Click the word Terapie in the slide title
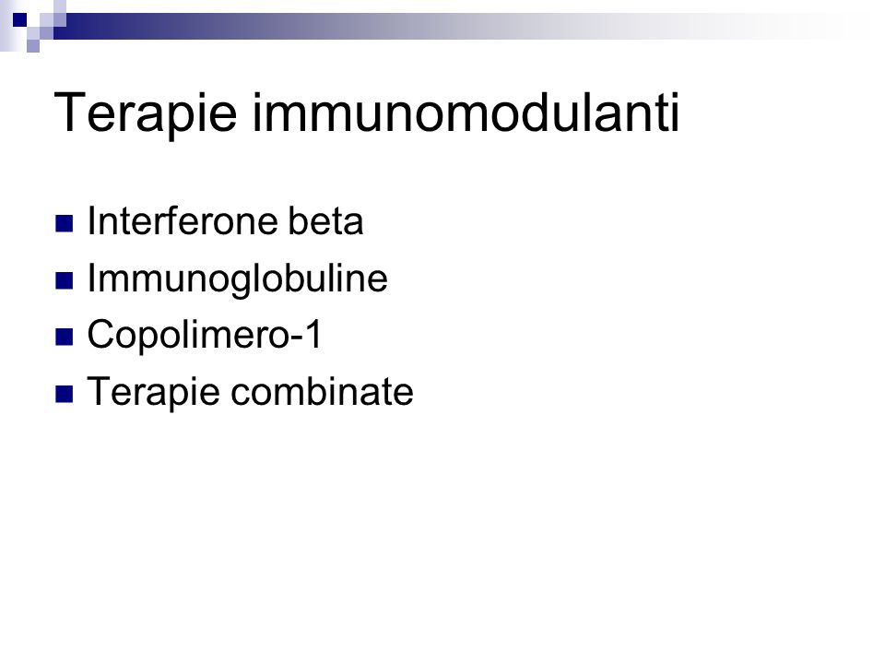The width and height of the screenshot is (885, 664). pos(145,113)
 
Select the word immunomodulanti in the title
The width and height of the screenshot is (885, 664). pos(466,113)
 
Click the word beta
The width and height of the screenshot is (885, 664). pos(325,220)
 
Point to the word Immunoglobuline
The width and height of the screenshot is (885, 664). pos(238,279)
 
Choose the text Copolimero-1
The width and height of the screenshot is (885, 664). pos(205,334)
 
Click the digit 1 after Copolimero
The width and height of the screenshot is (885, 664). pos(313,333)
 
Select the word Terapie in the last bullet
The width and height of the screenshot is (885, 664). pos(153,392)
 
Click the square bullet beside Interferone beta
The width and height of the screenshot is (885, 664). pos(65,223)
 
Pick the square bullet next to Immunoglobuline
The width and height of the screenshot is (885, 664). pos(65,280)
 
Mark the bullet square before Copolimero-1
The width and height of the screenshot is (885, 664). pos(65,338)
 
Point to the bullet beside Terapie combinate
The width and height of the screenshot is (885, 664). pos(65,394)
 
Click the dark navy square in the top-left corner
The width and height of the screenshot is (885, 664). pos(19,19)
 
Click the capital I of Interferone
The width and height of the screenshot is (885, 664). pos(91,220)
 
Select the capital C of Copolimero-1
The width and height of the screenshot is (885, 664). pos(100,334)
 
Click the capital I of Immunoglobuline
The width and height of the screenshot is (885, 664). pos(91,278)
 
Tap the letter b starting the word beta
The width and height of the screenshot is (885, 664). pos(297,220)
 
